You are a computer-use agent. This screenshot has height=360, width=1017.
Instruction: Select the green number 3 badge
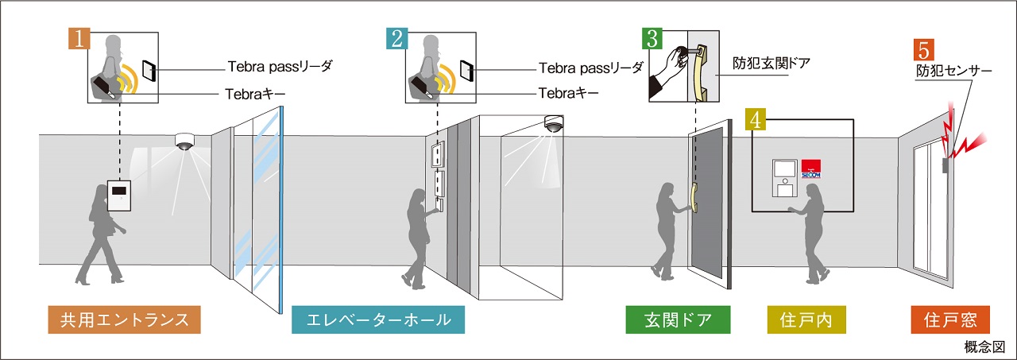652,38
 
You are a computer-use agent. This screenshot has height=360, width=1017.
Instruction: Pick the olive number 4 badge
757,120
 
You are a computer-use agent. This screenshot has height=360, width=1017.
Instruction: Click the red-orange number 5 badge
923,50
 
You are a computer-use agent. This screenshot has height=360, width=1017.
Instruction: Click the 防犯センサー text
953,72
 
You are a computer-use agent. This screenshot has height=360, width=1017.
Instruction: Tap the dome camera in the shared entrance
185,141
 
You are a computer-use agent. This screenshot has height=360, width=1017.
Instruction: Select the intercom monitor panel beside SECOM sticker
785,177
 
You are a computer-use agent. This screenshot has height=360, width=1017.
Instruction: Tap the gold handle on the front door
694,200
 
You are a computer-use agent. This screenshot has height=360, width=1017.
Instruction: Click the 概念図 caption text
990,348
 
